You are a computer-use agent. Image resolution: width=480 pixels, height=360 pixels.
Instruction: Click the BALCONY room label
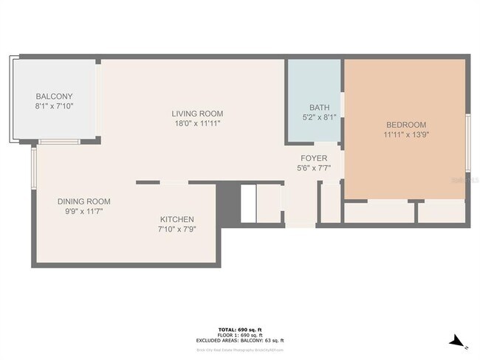click(x=55, y=97)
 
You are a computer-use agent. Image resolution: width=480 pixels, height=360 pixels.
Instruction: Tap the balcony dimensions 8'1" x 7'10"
click(x=55, y=106)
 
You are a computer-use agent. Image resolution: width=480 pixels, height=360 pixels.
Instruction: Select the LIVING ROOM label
click(x=197, y=114)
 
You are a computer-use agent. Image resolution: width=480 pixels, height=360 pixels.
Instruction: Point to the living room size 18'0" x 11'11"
click(x=197, y=123)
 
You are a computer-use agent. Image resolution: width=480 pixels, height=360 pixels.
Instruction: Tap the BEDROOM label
click(x=405, y=125)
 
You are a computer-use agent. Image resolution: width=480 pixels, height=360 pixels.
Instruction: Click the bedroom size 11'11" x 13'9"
click(x=405, y=135)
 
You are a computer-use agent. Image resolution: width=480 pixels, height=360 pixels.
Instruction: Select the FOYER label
click(x=314, y=159)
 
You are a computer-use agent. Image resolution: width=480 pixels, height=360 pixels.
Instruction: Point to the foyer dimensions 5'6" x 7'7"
click(x=314, y=168)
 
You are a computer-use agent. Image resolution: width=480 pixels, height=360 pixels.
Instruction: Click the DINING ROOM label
click(x=84, y=201)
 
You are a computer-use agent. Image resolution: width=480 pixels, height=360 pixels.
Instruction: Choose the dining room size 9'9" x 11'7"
click(x=84, y=212)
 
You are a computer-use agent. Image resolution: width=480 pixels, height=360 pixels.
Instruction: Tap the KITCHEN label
click(x=177, y=219)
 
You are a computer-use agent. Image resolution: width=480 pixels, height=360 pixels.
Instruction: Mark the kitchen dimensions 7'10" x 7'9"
click(x=177, y=229)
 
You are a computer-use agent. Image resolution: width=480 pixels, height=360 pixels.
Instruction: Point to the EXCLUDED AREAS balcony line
click(x=239, y=340)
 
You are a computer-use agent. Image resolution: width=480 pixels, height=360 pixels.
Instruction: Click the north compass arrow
click(x=459, y=341)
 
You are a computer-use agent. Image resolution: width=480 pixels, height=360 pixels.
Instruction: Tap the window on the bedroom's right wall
click(x=467, y=140)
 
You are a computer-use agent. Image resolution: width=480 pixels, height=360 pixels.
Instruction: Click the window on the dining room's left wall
click(x=33, y=168)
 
